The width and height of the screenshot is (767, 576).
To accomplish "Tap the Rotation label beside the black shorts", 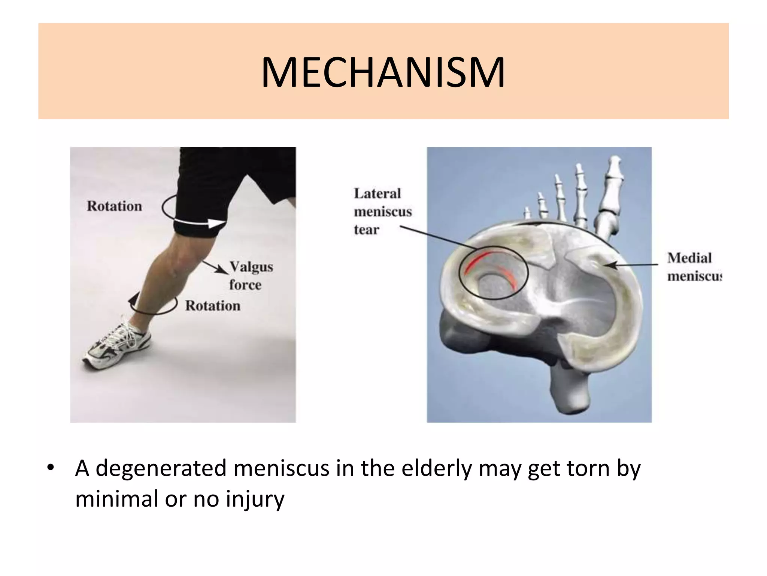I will (114, 206).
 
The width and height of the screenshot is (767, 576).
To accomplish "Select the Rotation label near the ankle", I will (213, 306).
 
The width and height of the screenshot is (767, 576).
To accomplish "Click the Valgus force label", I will (250, 276).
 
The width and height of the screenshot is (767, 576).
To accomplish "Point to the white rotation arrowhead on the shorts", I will (216, 223).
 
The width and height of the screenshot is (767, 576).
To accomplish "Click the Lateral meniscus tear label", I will (382, 211).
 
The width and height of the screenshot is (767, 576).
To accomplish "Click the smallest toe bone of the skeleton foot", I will (527, 214).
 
